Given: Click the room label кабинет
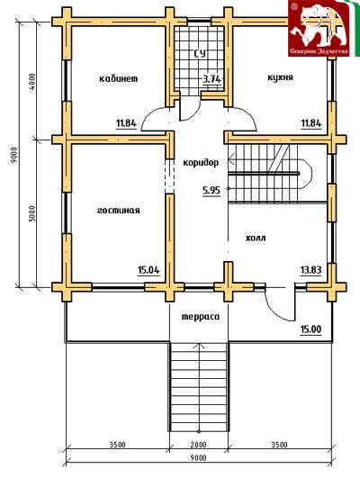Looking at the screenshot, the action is tap(119, 78).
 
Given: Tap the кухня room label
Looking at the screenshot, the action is tap(281, 77).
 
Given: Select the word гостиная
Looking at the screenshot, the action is tap(119, 211).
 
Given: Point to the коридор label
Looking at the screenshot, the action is tap(201, 162).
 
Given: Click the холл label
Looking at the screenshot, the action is tap(256, 238).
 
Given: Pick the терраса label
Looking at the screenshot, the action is tap(201, 317).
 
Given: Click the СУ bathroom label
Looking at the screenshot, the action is tap(200, 54).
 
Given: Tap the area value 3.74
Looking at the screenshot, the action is tap(211, 79).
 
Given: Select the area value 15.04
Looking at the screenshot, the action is tap(148, 270).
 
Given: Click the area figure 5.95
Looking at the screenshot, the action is tap(211, 191).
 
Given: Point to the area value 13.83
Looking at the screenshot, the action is tap(310, 270).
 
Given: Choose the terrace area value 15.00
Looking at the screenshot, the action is tap(310, 329).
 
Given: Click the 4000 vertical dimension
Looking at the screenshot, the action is tap(32, 81).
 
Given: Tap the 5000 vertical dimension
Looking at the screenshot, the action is tap(32, 213).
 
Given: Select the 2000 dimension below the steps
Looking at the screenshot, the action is tap(198, 445).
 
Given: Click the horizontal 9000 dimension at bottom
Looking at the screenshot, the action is tap(198, 458).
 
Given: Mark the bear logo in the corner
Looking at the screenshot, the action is tap(319, 28).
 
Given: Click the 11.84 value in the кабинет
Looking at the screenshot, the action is tap(126, 123).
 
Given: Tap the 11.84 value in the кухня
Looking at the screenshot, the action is tap(311, 123).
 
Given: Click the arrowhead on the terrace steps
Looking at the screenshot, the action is tap(200, 345).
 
